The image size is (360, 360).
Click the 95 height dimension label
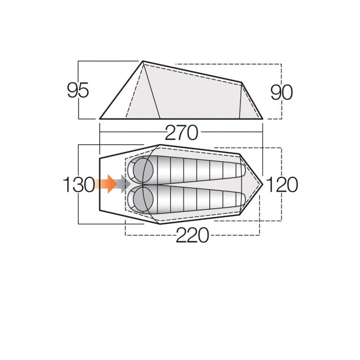pyautogui.click(x=78, y=90)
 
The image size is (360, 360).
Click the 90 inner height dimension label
pyautogui.click(x=282, y=92)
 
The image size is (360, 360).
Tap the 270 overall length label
pyautogui.click(x=181, y=133)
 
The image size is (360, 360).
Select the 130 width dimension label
pyautogui.click(x=79, y=184)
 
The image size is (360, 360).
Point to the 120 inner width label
pyautogui.click(x=282, y=184)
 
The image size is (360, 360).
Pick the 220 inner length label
pyautogui.click(x=192, y=235)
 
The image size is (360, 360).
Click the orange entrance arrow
pyautogui.click(x=106, y=184)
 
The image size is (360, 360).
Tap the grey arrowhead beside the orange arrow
pyautogui.click(x=126, y=184)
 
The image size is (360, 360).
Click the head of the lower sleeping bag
pyautogui.click(x=143, y=198)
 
